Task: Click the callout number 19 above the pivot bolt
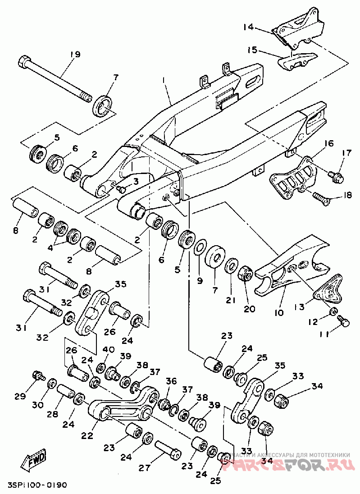coord(75,55)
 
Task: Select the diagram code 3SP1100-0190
coord(37,485)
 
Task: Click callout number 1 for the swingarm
coord(165,81)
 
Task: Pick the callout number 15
coord(252,49)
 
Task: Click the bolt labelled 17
coord(336,177)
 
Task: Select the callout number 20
coord(249,309)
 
